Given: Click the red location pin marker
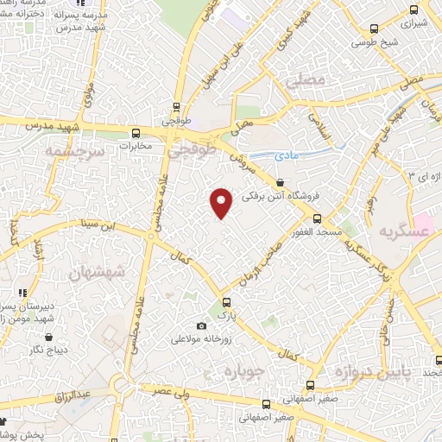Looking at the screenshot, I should point(222,201).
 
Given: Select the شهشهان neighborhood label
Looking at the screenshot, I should point(95,274).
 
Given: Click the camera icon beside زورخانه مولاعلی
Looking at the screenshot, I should point(202,325).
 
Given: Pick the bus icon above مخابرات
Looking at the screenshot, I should point(136,133).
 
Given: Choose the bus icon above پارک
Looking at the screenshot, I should point(227,302).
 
